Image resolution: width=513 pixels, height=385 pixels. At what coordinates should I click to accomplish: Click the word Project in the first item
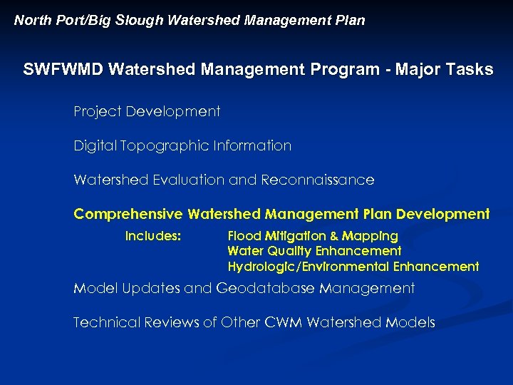(x=97, y=112)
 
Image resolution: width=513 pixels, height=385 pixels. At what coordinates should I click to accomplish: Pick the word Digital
(x=95, y=146)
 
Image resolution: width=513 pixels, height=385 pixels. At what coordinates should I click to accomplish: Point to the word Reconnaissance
(x=318, y=180)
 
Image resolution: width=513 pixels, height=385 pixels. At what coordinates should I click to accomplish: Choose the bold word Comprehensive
(x=128, y=215)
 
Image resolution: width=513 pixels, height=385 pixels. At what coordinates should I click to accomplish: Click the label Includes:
(x=153, y=236)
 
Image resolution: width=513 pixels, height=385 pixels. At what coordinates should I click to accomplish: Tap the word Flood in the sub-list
(x=245, y=236)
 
